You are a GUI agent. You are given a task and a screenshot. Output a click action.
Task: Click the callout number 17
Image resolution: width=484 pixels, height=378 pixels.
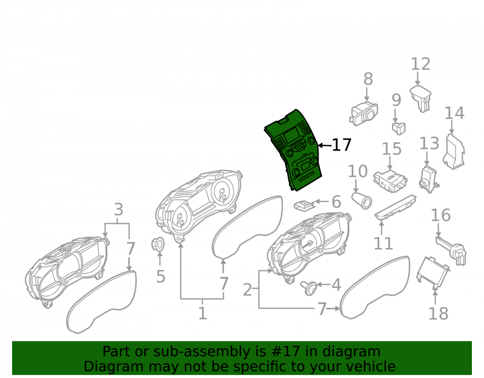pos(342,145)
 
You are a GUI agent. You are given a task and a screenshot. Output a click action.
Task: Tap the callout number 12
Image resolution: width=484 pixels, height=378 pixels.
pos(421,64)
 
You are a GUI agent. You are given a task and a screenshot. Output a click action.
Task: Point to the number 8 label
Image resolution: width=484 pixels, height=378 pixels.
pos(368,79)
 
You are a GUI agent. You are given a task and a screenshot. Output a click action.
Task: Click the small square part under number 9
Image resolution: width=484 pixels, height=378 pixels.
pos(398,128)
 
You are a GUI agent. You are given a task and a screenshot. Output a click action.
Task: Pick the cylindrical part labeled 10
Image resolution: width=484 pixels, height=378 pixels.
pos(362,200)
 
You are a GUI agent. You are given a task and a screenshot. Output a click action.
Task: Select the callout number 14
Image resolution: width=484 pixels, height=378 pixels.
pos(454,113)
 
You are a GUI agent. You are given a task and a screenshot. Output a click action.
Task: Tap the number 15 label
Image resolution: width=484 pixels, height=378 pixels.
pos(392,150)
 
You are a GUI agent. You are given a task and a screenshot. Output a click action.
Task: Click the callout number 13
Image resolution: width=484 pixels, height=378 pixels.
pos(429,143)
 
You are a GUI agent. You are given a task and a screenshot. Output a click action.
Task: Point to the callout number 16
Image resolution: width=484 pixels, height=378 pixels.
pos(440,215)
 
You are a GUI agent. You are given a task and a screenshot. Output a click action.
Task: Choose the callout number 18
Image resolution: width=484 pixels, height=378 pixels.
pos(439,314)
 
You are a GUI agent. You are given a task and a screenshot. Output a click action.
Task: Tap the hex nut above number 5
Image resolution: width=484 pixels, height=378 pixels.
pos(158,244)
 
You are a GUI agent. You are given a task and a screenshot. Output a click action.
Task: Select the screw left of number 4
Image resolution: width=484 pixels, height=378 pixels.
pos(309,288)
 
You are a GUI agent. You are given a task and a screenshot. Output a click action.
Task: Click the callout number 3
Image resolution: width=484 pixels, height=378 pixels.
pos(119,210)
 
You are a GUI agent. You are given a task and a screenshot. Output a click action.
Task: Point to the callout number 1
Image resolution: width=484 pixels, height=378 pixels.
pos(202,313)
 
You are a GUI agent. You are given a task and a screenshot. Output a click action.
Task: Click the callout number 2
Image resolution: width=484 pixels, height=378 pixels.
pos(247,290)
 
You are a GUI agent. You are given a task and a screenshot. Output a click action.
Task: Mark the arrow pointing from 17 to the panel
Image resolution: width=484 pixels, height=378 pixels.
pos(324,145)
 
